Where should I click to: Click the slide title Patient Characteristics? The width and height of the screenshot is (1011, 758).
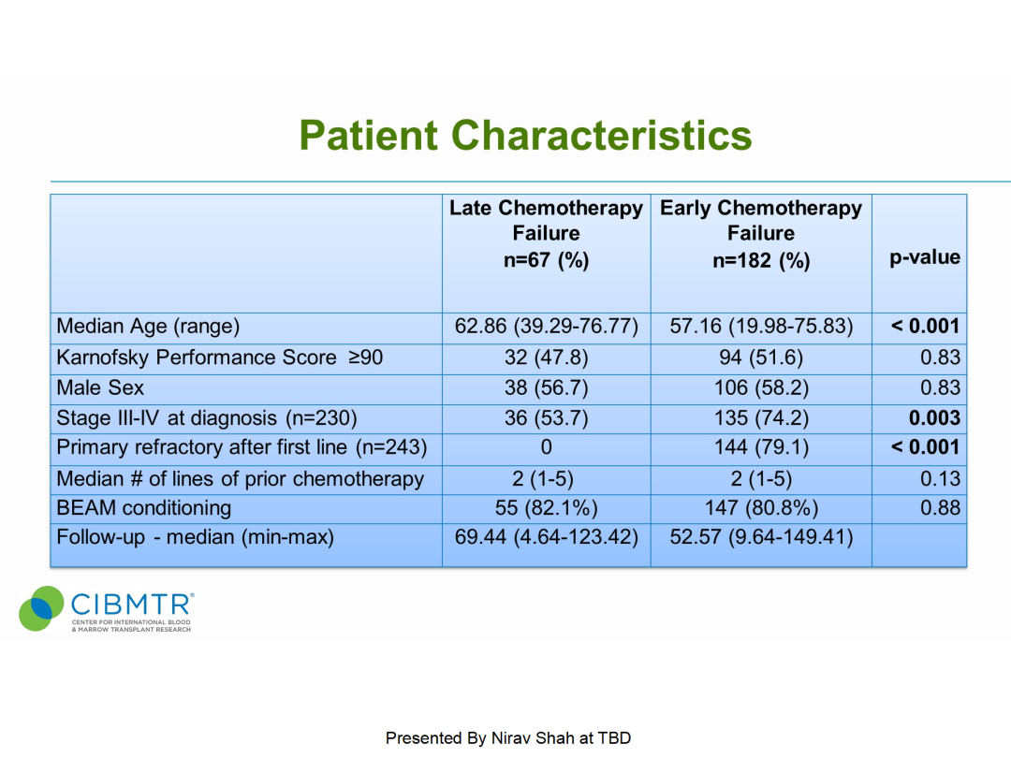525,136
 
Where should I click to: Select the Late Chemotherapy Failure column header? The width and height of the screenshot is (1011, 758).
546,233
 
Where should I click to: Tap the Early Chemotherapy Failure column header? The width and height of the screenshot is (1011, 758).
761,233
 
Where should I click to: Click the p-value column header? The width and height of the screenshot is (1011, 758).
925,258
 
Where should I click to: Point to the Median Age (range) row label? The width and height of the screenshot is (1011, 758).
148,327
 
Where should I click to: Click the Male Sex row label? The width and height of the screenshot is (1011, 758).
100,388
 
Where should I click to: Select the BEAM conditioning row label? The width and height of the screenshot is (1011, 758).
144,508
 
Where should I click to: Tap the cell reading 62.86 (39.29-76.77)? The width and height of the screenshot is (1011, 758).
546,327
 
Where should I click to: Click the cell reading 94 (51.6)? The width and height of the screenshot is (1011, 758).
761,357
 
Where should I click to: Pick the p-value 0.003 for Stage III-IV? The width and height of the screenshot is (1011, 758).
934,418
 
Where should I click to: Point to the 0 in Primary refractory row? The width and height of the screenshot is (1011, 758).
546,447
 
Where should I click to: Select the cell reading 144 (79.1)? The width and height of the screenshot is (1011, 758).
761,447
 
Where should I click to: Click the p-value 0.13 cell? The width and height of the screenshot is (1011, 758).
940,479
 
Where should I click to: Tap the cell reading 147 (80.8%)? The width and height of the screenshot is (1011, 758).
761,508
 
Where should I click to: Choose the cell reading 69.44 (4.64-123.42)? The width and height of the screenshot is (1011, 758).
546,537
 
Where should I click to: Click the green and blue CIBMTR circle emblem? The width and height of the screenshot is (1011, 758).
41,608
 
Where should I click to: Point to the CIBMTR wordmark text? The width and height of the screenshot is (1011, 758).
132,605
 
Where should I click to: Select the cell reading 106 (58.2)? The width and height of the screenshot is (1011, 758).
761,388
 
